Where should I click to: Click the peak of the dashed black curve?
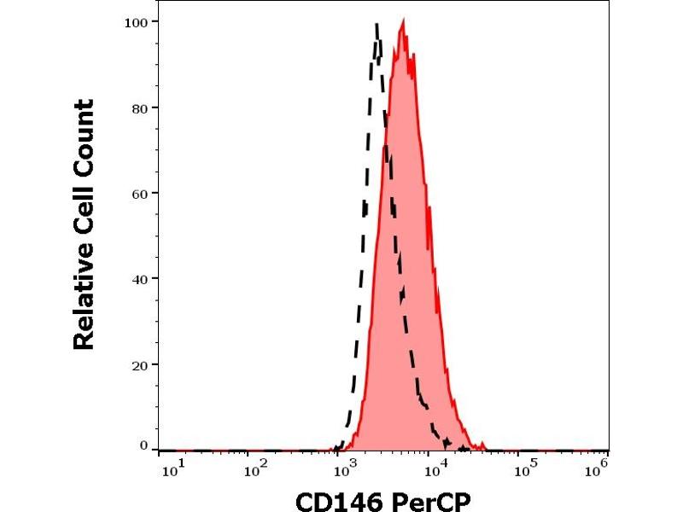pyautogui.click(x=377, y=25)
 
